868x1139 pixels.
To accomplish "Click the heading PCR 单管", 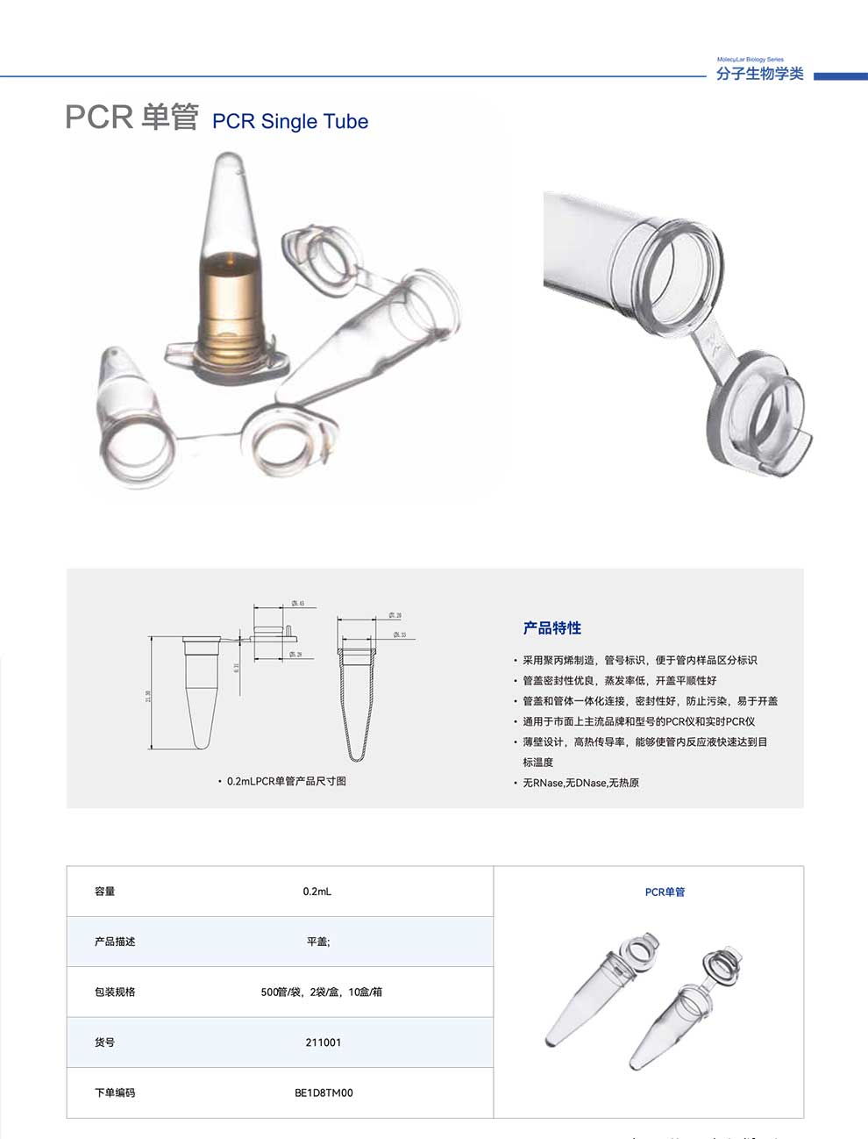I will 132,117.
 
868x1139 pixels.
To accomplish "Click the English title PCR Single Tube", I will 290,122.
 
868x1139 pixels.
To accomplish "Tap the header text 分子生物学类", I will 759,74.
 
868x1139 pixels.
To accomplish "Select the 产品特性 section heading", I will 552,628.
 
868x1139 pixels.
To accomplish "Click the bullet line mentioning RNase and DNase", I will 580,783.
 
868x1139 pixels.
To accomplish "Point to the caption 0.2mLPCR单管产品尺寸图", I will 286,781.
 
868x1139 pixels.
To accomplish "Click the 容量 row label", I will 105,892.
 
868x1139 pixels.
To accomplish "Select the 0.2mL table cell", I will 317,892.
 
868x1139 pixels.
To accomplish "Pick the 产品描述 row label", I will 115,942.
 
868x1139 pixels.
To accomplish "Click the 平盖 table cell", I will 317,942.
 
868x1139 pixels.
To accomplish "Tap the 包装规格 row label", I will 115,992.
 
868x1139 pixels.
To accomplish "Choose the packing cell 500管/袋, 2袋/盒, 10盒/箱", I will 321,992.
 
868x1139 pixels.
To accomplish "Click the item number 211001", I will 324,1042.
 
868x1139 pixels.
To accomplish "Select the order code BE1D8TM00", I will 324,1092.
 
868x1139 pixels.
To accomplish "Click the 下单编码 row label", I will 115,1092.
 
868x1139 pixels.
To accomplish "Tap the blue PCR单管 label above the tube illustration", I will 665,892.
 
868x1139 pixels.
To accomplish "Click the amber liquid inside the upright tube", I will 231,298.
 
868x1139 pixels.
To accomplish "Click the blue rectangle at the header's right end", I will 839,76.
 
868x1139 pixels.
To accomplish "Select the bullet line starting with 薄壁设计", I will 644,742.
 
